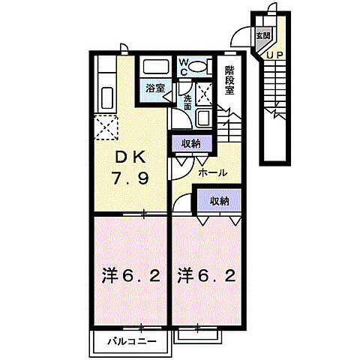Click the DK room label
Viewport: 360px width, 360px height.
tap(130, 157)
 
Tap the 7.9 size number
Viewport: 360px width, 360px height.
tap(130, 178)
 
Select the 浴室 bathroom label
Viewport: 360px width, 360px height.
tap(155, 88)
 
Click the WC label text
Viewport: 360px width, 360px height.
tap(184, 67)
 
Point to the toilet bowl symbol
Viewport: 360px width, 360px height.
tap(197, 67)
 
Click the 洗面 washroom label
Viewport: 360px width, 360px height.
tap(187, 103)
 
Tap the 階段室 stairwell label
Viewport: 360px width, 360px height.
tap(229, 80)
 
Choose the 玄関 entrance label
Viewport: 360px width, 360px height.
tap(263, 35)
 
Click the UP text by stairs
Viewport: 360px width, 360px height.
tap(274, 55)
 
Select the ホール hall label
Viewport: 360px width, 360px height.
tap(213, 172)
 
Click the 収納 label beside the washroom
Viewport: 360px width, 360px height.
tap(191, 143)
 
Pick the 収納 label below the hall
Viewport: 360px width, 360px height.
tap(219, 201)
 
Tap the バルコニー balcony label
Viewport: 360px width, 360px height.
tap(132, 341)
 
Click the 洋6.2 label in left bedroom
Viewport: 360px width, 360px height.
tap(130, 276)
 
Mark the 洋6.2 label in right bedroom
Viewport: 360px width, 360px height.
tap(206, 276)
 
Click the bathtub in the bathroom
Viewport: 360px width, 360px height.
tap(155, 67)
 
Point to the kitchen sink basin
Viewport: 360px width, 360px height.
tap(107, 97)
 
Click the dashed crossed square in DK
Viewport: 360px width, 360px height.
tap(106, 127)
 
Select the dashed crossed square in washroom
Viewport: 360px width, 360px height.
tap(204, 94)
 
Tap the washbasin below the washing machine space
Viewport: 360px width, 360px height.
tap(204, 118)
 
